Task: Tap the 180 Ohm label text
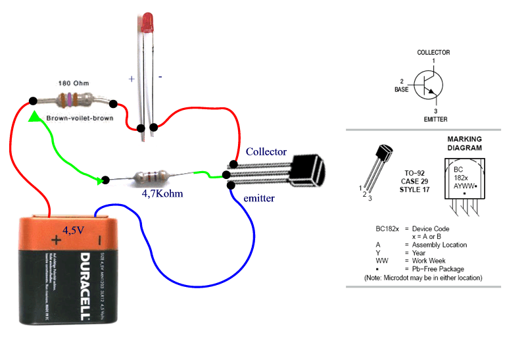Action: tap(74, 84)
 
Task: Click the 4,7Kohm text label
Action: tap(162, 194)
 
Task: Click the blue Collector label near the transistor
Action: tap(266, 151)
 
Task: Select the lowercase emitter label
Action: tap(259, 197)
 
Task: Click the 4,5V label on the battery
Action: tap(74, 230)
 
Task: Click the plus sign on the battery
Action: tap(56, 241)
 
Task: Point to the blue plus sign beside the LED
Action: tap(132, 78)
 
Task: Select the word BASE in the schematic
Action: tap(402, 89)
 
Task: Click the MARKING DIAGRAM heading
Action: tap(464, 143)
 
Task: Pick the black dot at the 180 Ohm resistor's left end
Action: tap(32, 101)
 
